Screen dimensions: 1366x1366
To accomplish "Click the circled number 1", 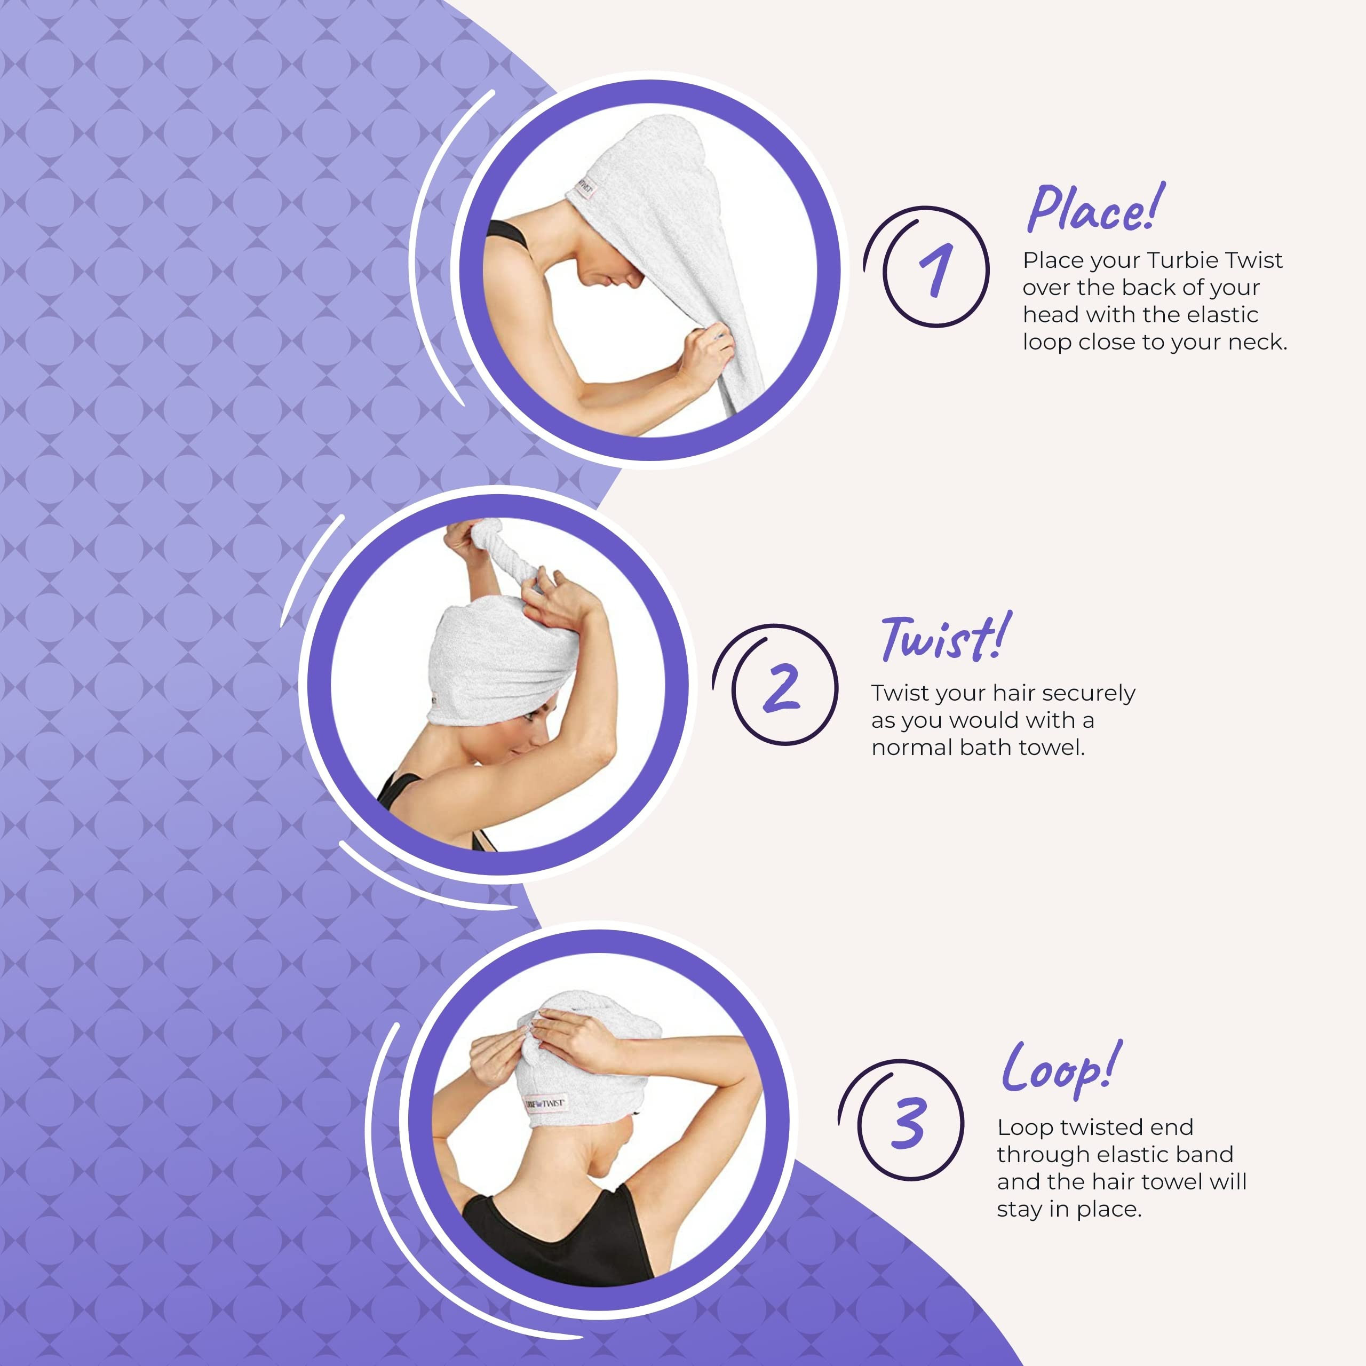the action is point(935,269).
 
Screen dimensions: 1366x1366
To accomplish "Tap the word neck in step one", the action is point(1255,342).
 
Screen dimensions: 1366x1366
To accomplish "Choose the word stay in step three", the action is point(1020,1210).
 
